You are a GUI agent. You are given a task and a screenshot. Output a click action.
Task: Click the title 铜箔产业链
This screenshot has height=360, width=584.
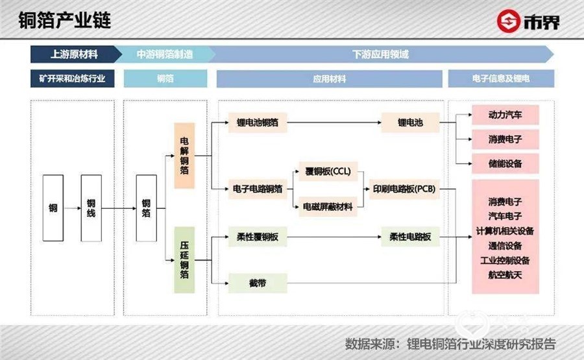click(x=65, y=20)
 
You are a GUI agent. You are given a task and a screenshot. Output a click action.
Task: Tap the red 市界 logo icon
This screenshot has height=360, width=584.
click(x=508, y=21)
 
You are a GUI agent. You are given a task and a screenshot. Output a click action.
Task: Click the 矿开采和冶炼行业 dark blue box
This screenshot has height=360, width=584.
click(x=72, y=78)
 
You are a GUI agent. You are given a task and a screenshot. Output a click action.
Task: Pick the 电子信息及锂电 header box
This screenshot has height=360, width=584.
click(x=501, y=78)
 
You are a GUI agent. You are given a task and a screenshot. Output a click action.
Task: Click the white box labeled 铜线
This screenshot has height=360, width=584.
click(x=91, y=208)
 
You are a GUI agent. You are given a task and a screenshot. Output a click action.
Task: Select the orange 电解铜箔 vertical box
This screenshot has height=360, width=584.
click(x=184, y=156)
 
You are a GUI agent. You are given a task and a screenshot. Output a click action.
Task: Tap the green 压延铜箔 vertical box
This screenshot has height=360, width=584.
click(x=184, y=260)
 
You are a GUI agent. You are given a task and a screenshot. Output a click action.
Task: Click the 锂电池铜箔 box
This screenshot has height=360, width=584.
click(x=258, y=123)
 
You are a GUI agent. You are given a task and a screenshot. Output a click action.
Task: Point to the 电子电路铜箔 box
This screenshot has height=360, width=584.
click(x=258, y=189)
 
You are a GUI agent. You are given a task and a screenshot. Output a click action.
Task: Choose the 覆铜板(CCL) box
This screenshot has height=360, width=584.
click(x=328, y=172)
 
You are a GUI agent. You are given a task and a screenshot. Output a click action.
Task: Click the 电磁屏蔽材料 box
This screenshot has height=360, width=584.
click(x=328, y=207)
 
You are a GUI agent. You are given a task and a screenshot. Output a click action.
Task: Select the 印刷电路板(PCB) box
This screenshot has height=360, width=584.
click(x=404, y=189)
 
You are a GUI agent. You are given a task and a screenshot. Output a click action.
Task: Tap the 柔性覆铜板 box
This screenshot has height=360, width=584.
click(x=258, y=237)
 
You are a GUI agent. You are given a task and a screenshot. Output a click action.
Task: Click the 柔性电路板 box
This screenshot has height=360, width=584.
click(x=410, y=237)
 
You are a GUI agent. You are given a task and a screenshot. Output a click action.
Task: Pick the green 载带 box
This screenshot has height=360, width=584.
click(x=258, y=283)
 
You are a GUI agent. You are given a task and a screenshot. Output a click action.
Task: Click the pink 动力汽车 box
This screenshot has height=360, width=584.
click(x=505, y=115)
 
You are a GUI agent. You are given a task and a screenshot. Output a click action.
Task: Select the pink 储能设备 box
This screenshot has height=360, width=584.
click(x=505, y=163)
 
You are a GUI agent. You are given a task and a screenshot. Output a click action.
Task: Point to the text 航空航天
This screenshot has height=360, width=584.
click(x=505, y=275)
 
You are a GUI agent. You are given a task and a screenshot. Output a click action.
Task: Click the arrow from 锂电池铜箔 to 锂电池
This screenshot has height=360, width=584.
click(x=334, y=123)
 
